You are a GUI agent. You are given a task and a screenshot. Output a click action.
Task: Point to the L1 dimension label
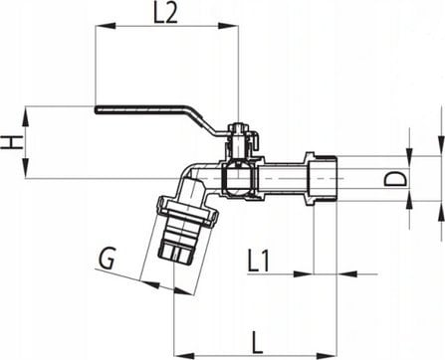tap(260, 262)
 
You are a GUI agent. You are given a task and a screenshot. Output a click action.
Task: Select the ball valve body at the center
tap(239, 179)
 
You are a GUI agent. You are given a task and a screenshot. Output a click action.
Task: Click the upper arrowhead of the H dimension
tap(28, 111)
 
